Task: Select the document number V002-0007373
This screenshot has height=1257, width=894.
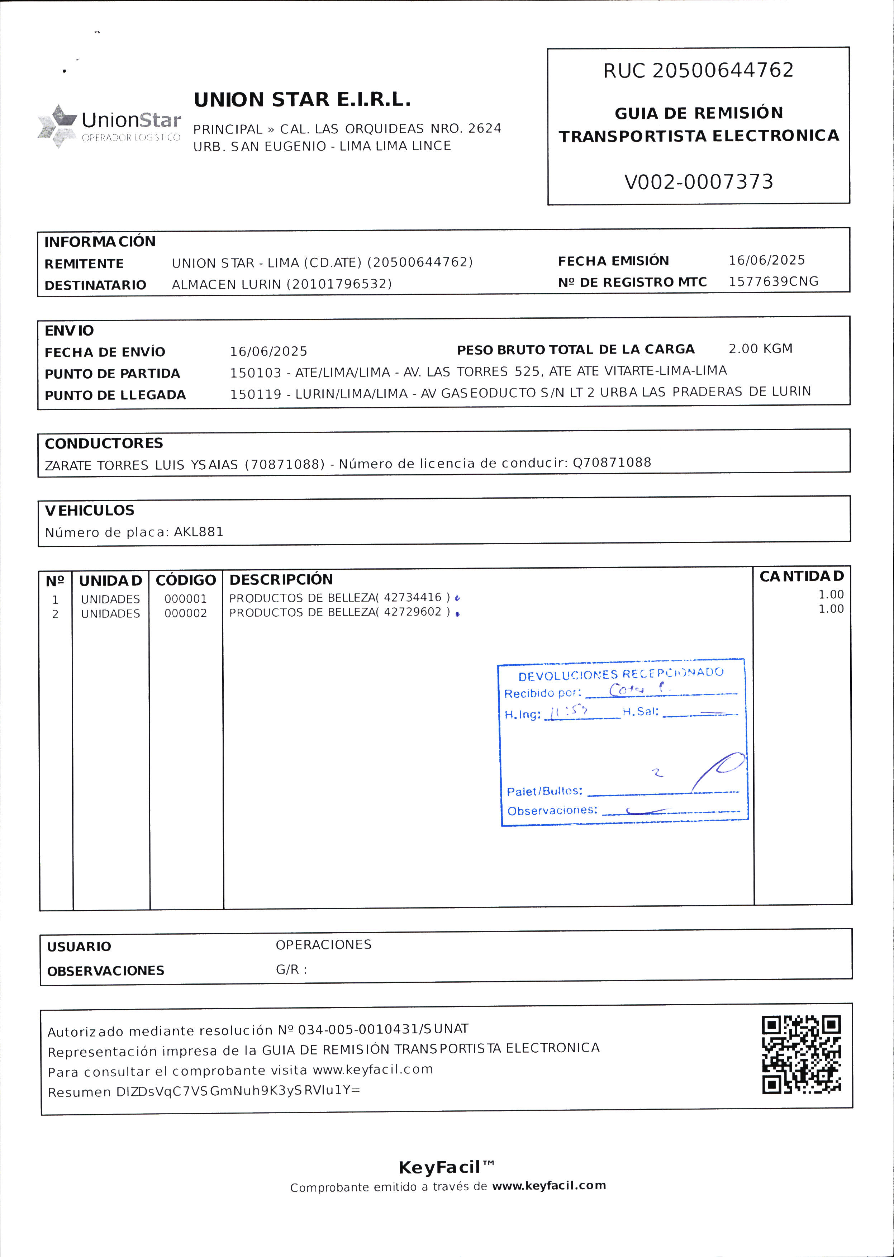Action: click(x=699, y=182)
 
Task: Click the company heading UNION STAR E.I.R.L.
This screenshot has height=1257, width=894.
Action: click(x=302, y=100)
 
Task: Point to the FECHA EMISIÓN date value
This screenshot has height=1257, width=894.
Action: click(x=766, y=260)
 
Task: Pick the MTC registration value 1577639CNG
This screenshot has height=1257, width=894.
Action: click(x=773, y=281)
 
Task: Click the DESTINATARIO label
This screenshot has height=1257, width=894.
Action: click(x=95, y=285)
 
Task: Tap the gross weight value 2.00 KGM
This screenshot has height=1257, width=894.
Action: click(x=760, y=348)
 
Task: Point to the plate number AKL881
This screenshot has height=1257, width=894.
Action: click(x=199, y=532)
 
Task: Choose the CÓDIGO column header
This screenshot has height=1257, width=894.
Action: click(x=186, y=580)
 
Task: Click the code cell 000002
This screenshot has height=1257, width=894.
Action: click(x=186, y=613)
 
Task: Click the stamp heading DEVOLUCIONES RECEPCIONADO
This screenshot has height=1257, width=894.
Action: click(x=620, y=673)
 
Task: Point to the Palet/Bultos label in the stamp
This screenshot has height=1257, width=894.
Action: click(x=544, y=791)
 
